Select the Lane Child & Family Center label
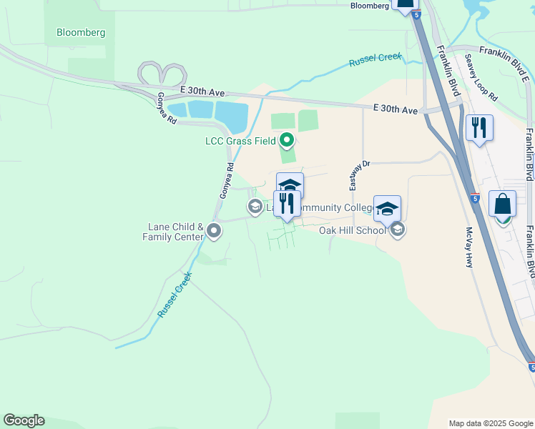pos(174,232)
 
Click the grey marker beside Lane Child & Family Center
pos(213,230)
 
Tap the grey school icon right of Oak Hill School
pos(398,230)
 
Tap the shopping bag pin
pos(502,204)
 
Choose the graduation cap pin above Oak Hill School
pos(387,209)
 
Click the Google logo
pos(24,420)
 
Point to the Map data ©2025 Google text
pos(490,423)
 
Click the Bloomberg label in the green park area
pos(81,32)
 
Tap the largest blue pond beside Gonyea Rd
pos(230,113)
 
